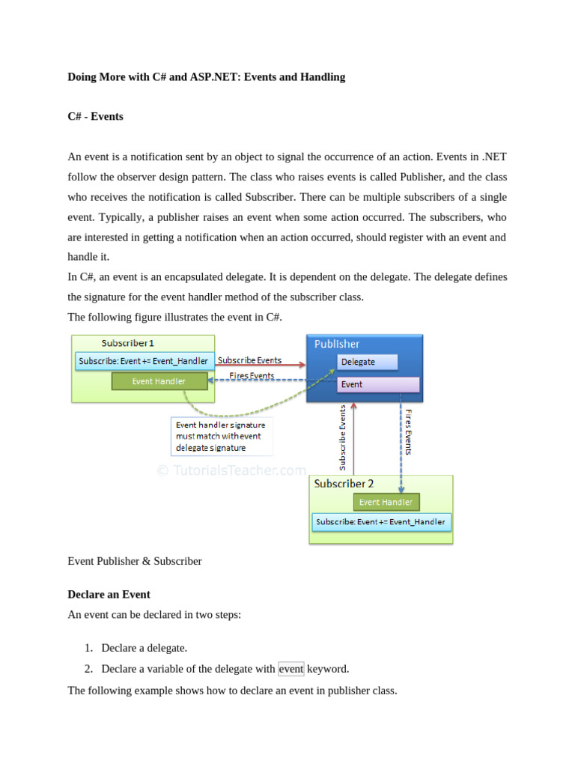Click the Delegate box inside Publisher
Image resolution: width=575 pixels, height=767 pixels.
(x=366, y=362)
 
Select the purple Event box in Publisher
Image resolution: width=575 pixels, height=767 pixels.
(x=378, y=384)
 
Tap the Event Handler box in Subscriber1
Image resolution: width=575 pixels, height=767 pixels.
(x=159, y=381)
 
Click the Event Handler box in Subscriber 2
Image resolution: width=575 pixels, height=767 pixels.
(x=386, y=502)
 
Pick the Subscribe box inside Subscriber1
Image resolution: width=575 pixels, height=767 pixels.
(x=144, y=361)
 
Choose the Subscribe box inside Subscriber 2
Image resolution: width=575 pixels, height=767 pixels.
(x=380, y=521)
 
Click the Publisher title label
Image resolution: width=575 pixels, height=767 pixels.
(x=337, y=344)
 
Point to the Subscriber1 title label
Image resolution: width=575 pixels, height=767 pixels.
(x=128, y=343)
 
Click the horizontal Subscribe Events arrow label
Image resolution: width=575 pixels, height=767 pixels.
(x=249, y=360)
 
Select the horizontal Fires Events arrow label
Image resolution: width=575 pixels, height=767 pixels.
(x=251, y=375)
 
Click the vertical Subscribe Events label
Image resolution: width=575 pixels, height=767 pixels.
(x=343, y=438)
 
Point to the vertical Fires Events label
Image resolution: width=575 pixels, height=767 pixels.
(x=408, y=431)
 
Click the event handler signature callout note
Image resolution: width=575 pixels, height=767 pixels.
(x=221, y=436)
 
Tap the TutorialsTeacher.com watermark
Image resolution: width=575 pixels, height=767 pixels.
(x=231, y=470)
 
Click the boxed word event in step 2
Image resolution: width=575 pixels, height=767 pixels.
(x=291, y=669)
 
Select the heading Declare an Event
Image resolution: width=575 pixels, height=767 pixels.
(x=109, y=594)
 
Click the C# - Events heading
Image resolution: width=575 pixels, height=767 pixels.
(x=96, y=117)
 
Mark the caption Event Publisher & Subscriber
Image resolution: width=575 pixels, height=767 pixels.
(x=135, y=561)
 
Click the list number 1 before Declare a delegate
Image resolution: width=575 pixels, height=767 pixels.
(x=88, y=648)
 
